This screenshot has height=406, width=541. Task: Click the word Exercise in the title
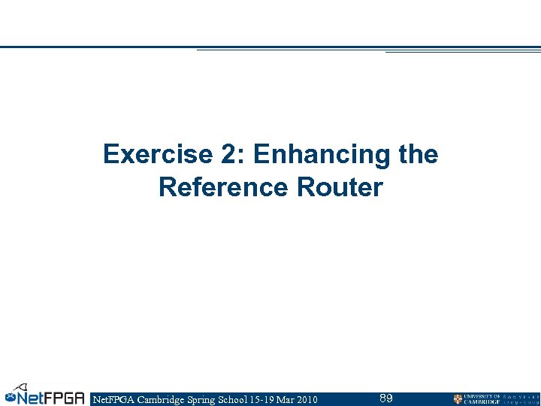point(145,155)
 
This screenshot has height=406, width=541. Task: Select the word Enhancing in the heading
point(321,155)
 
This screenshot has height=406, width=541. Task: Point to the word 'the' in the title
point(418,155)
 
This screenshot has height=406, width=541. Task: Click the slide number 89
point(386,398)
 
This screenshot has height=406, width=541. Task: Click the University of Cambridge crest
point(458,399)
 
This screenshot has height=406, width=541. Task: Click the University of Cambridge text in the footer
point(482,399)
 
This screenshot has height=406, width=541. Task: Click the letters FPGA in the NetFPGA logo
point(63,398)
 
